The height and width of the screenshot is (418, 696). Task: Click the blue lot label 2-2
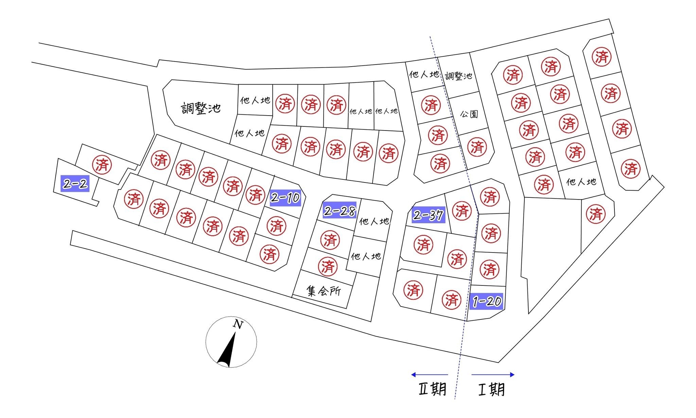click(x=75, y=184)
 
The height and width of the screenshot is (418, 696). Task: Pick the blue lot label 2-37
click(x=428, y=215)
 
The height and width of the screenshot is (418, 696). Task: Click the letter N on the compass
click(x=238, y=325)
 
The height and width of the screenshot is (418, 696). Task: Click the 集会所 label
click(x=324, y=291)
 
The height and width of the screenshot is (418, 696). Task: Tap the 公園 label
click(x=469, y=114)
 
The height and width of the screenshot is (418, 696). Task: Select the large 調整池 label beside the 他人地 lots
click(x=201, y=108)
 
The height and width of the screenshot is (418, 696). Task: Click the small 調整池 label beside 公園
click(x=458, y=76)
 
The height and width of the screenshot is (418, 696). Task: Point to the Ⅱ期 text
click(x=432, y=389)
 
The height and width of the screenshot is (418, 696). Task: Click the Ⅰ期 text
click(x=491, y=389)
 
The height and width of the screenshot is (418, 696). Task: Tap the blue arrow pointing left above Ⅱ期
click(x=429, y=375)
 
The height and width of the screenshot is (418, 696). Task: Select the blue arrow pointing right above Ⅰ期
click(x=493, y=375)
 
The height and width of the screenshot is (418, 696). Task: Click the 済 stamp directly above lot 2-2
click(x=102, y=165)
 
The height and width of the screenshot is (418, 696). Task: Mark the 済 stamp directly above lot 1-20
click(x=490, y=269)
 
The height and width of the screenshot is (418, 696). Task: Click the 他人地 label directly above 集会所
click(x=366, y=256)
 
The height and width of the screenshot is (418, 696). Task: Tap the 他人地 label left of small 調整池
click(x=424, y=74)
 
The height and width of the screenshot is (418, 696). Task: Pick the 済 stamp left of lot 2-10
click(x=255, y=195)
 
